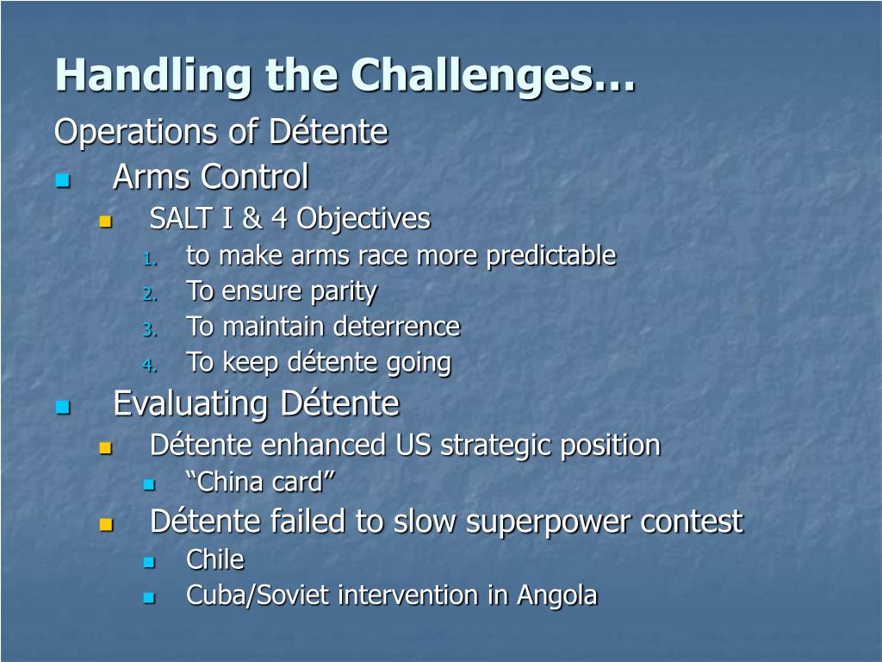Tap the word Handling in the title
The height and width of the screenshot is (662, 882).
153,76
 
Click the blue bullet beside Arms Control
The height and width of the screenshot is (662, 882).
62,180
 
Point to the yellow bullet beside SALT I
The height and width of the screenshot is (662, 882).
106,222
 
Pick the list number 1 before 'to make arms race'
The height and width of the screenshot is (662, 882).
149,259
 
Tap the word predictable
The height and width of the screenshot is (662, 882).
551,257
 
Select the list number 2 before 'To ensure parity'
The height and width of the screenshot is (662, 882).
149,295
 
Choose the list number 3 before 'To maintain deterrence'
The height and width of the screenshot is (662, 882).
149,329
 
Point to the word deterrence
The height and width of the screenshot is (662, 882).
396,327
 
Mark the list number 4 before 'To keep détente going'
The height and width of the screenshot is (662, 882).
149,365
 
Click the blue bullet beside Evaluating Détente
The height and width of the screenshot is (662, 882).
62,407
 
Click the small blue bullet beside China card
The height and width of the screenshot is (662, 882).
149,484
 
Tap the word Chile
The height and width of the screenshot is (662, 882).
215,559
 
